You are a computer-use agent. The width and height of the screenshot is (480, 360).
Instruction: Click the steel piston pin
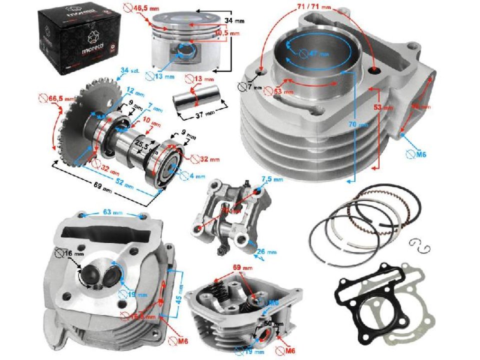(x=193, y=100)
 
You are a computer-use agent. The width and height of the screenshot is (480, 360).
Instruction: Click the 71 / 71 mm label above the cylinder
(x=313, y=7)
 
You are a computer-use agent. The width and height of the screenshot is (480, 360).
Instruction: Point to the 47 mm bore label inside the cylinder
(x=316, y=53)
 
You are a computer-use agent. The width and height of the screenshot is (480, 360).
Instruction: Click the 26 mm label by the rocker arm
(x=268, y=252)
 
